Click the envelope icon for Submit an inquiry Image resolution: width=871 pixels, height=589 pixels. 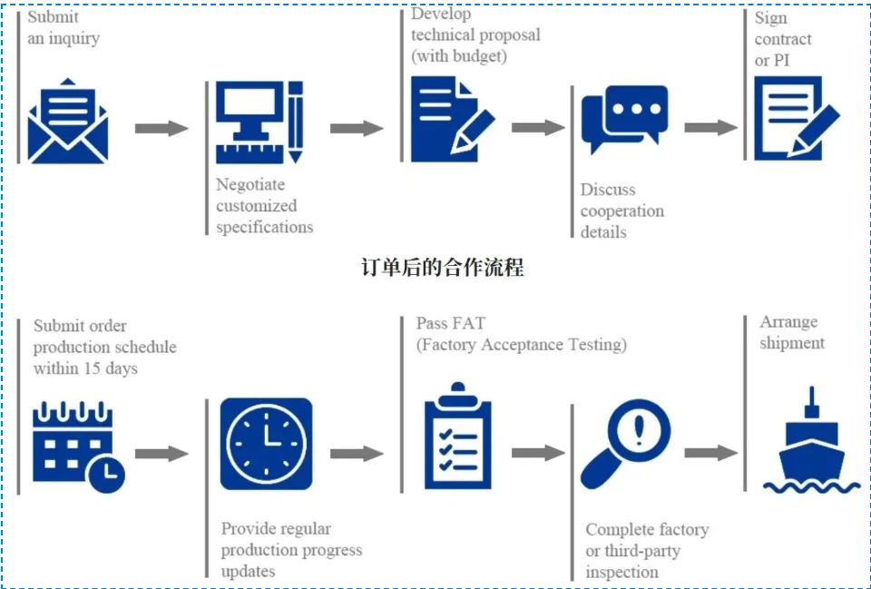68,121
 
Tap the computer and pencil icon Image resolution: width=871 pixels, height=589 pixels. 259,123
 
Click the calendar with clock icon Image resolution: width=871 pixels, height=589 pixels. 78,447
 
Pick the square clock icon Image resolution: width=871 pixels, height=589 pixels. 266,444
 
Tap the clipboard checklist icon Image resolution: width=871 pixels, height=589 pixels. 457,436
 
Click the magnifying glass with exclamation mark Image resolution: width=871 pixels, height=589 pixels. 625,444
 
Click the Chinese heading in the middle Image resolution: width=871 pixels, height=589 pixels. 442,268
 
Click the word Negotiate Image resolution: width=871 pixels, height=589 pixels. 250,185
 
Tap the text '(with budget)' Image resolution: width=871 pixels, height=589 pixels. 459,56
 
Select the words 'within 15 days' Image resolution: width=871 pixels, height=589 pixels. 85,368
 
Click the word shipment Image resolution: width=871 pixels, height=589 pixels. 792,343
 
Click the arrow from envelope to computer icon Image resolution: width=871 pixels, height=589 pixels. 161,128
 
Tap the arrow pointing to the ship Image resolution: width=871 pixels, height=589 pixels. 711,453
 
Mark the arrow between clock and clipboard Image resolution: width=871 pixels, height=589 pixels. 357,454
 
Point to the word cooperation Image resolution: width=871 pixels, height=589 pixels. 622,211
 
